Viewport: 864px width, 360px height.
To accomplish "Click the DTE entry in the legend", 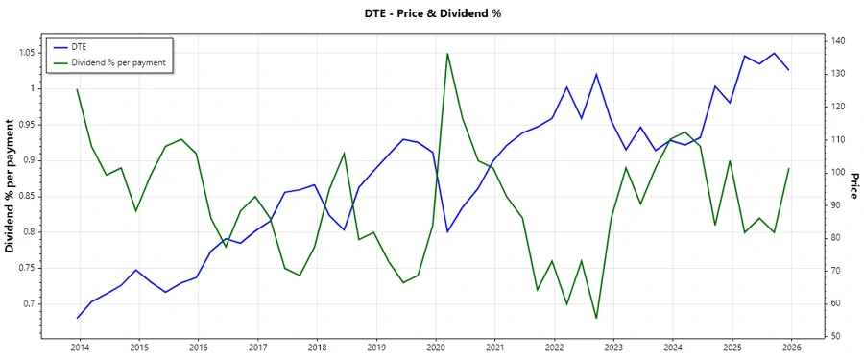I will click(80, 46).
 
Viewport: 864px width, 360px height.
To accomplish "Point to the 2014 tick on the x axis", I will click(80, 347).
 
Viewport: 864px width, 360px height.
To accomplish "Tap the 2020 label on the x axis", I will click(436, 347).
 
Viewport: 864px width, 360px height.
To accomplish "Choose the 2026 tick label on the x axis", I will click(792, 347).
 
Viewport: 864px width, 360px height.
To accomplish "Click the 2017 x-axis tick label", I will click(257, 347).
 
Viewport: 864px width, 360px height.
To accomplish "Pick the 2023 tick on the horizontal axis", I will click(613, 347).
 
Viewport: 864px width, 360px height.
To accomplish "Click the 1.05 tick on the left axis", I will click(26, 52).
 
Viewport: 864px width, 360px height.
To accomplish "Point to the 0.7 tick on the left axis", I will click(30, 303).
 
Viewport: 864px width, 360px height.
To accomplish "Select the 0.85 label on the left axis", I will click(26, 196).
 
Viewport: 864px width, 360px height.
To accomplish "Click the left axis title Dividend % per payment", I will click(11, 185).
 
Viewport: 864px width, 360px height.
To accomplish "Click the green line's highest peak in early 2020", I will click(447, 53).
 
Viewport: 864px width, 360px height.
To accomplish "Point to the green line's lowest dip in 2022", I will click(596, 318).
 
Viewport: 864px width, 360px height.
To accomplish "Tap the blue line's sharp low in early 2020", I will click(447, 231).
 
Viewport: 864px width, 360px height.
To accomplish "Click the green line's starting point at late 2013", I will click(77, 89).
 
